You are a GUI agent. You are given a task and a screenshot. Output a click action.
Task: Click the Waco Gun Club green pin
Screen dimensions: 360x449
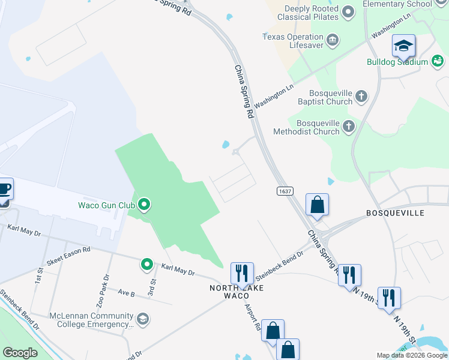click(x=143, y=206)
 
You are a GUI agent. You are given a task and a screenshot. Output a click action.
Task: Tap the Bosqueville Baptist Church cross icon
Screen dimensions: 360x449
click(x=361, y=96)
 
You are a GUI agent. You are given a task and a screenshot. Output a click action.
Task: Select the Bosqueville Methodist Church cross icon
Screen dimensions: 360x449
click(x=349, y=126)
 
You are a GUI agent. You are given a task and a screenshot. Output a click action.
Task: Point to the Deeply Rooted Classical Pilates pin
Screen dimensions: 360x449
click(x=348, y=12)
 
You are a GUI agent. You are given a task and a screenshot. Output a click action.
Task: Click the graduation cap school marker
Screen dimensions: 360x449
click(x=404, y=46)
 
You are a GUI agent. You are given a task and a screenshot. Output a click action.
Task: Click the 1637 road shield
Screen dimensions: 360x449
click(x=285, y=191)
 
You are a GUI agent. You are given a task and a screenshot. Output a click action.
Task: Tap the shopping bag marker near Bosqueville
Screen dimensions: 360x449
click(x=317, y=205)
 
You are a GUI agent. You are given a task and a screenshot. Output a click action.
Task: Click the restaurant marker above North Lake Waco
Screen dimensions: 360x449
click(x=243, y=273)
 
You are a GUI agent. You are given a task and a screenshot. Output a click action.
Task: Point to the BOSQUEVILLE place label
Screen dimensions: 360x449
click(x=395, y=213)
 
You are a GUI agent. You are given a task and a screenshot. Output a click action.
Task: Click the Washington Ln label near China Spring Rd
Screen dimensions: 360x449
click(x=274, y=96)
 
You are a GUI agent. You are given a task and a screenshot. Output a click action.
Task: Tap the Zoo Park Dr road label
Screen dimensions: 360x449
click(x=106, y=284)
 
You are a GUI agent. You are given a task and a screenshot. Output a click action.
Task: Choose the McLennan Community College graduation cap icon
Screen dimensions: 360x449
click(x=142, y=318)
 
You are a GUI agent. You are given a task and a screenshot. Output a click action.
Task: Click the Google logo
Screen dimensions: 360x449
click(x=20, y=353)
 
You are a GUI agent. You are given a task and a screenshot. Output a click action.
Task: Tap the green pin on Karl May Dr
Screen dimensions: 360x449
click(x=146, y=264)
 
